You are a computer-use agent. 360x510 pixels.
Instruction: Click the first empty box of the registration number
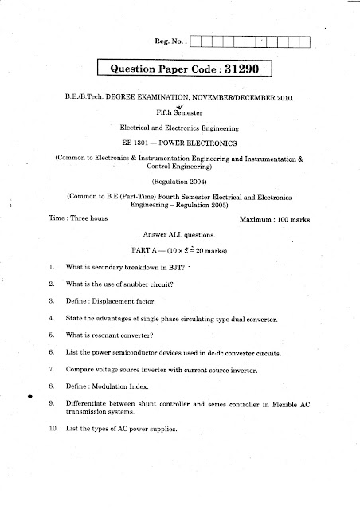coord(197,41)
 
